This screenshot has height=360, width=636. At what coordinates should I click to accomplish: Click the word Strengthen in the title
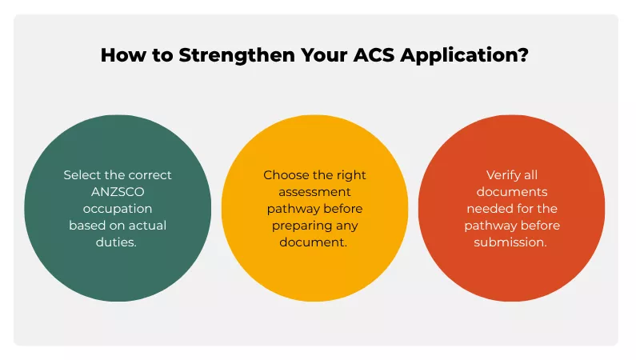click(x=231, y=56)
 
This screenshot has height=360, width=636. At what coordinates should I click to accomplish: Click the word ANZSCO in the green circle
click(x=117, y=191)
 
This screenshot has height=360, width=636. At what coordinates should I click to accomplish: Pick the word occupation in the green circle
click(x=117, y=208)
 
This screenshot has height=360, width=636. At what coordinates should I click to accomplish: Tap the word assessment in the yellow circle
click(x=314, y=191)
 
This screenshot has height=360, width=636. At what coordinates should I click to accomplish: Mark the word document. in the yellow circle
click(x=314, y=242)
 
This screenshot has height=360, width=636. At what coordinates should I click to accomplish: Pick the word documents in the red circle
click(x=511, y=191)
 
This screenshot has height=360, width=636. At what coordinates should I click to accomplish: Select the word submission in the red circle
click(x=510, y=242)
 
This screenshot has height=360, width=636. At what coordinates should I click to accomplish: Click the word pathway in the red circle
click(x=490, y=225)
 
